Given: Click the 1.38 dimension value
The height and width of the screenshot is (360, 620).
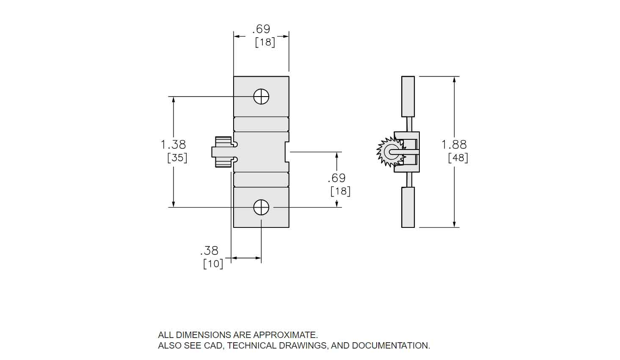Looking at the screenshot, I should (173, 145).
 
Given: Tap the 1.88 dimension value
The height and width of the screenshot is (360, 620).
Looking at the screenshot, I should (454, 145).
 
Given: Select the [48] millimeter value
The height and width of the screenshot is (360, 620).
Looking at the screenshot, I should (458, 158).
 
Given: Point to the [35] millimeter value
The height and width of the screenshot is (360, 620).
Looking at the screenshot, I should (177, 158).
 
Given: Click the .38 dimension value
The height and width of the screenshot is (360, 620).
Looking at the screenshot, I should (209, 251).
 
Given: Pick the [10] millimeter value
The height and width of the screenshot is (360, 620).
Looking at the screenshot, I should (213, 264).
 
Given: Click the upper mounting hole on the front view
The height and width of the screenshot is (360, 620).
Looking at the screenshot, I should (261, 97).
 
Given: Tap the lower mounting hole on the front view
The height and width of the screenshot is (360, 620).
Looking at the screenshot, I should (261, 208).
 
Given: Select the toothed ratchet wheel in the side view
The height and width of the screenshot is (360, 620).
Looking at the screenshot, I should (389, 152).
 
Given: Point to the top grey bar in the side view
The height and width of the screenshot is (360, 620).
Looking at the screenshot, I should (408, 96).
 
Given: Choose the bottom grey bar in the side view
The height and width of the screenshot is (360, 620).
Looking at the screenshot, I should (408, 207).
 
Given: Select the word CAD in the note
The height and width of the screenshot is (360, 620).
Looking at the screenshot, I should (213, 346).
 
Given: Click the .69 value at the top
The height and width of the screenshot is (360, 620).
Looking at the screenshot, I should (261, 29).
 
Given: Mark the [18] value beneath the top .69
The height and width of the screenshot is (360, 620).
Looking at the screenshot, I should (265, 42).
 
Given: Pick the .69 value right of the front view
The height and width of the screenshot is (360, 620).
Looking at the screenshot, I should (336, 178).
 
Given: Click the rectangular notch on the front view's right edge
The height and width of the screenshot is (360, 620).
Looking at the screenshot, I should (287, 152).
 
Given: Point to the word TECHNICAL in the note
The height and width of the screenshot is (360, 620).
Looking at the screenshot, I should (252, 346).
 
